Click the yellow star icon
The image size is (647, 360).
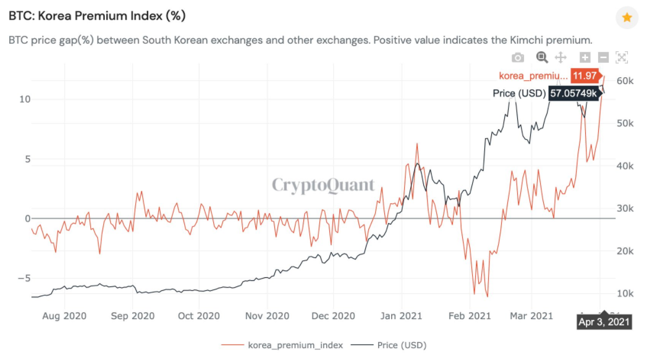click(x=627, y=18)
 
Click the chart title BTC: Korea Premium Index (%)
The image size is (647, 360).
click(x=96, y=15)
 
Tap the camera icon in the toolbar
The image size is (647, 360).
click(x=518, y=57)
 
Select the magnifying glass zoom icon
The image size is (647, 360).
click(x=542, y=57)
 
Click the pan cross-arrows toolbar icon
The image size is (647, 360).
click(x=561, y=57)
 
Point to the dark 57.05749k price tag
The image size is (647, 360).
click(x=575, y=93)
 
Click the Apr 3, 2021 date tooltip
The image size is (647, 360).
click(x=604, y=322)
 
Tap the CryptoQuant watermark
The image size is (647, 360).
click(x=323, y=185)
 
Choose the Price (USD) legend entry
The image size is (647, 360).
click(x=401, y=345)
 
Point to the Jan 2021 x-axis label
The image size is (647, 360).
click(x=401, y=316)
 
